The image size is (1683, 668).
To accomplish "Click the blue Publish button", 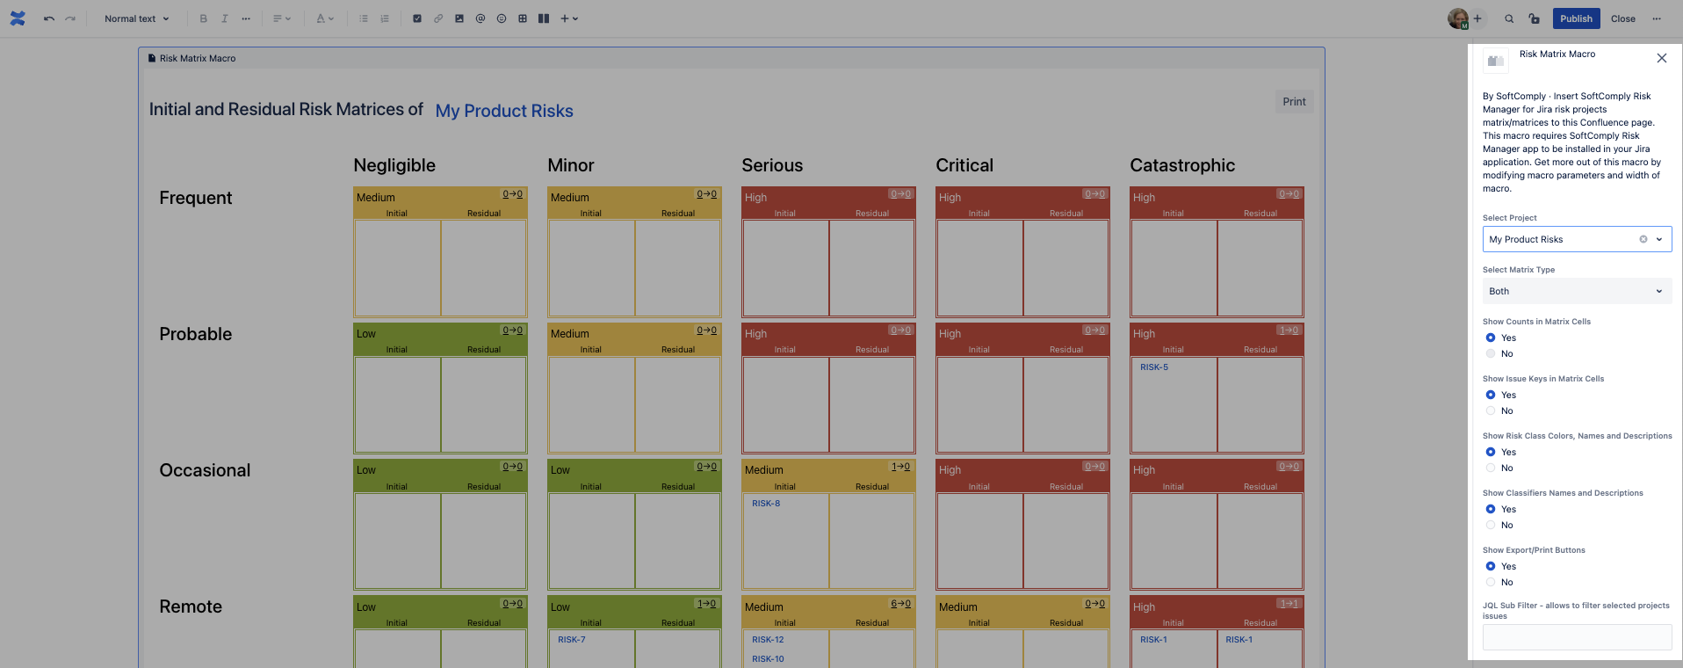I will pyautogui.click(x=1576, y=18).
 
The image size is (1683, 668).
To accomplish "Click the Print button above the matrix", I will pyautogui.click(x=1294, y=102).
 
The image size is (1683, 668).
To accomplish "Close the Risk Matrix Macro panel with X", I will pyautogui.click(x=1661, y=58).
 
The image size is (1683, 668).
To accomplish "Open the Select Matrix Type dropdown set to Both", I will pyautogui.click(x=1577, y=291).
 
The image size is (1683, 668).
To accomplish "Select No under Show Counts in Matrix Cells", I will pyautogui.click(x=1491, y=353).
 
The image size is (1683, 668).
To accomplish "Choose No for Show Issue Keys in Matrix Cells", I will pyautogui.click(x=1491, y=410).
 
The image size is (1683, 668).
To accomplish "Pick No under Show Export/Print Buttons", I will pyautogui.click(x=1491, y=582).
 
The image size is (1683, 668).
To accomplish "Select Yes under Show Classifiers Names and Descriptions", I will pyautogui.click(x=1491, y=509).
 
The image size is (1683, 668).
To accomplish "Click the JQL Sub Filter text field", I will pyautogui.click(x=1577, y=637).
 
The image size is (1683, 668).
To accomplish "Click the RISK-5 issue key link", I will pyautogui.click(x=1154, y=367).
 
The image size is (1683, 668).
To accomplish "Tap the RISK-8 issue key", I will pyautogui.click(x=766, y=504).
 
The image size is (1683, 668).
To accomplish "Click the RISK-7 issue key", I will pyautogui.click(x=572, y=640).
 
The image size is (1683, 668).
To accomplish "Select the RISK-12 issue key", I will pyautogui.click(x=768, y=640).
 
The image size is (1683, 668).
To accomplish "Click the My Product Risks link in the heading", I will pyautogui.click(x=504, y=111).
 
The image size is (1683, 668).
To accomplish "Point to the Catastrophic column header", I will pyautogui.click(x=1182, y=165).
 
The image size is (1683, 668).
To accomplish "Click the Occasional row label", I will pyautogui.click(x=205, y=470).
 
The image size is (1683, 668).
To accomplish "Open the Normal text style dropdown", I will pyautogui.click(x=136, y=18).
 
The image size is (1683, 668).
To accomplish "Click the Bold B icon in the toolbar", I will pyautogui.click(x=204, y=18).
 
